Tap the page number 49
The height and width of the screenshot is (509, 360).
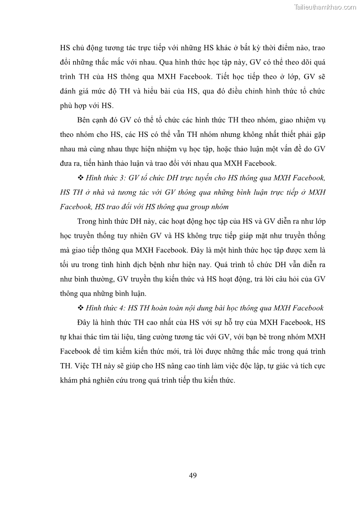tap(192, 475)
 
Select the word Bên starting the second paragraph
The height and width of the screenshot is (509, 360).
tap(84, 120)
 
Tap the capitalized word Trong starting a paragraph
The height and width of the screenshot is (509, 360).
tap(87, 221)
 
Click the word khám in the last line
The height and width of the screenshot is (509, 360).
tap(69, 380)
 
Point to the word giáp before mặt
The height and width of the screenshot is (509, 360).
tap(254, 236)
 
